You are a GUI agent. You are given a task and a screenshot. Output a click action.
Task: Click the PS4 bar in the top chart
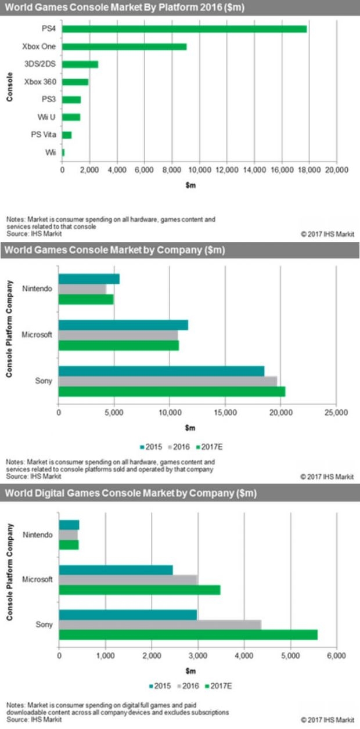(x=184, y=28)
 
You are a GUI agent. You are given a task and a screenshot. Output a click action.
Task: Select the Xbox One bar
(x=124, y=46)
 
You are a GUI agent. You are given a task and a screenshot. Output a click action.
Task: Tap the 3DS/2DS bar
(x=80, y=64)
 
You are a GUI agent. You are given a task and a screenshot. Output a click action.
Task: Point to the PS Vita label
(x=43, y=135)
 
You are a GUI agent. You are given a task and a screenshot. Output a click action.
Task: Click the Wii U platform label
(x=46, y=117)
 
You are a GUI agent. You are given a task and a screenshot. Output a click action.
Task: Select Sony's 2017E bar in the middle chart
(x=172, y=392)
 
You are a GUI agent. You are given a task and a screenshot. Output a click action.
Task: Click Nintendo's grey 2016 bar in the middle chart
(x=82, y=289)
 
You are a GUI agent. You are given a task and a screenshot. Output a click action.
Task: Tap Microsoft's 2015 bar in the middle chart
(x=123, y=325)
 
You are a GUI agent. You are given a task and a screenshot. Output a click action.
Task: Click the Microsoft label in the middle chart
(x=37, y=335)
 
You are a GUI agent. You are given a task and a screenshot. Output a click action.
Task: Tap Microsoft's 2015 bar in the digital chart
(x=116, y=569)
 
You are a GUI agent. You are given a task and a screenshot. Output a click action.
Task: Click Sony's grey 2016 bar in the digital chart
(x=160, y=625)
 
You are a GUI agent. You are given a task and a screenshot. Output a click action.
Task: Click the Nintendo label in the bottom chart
(x=37, y=535)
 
